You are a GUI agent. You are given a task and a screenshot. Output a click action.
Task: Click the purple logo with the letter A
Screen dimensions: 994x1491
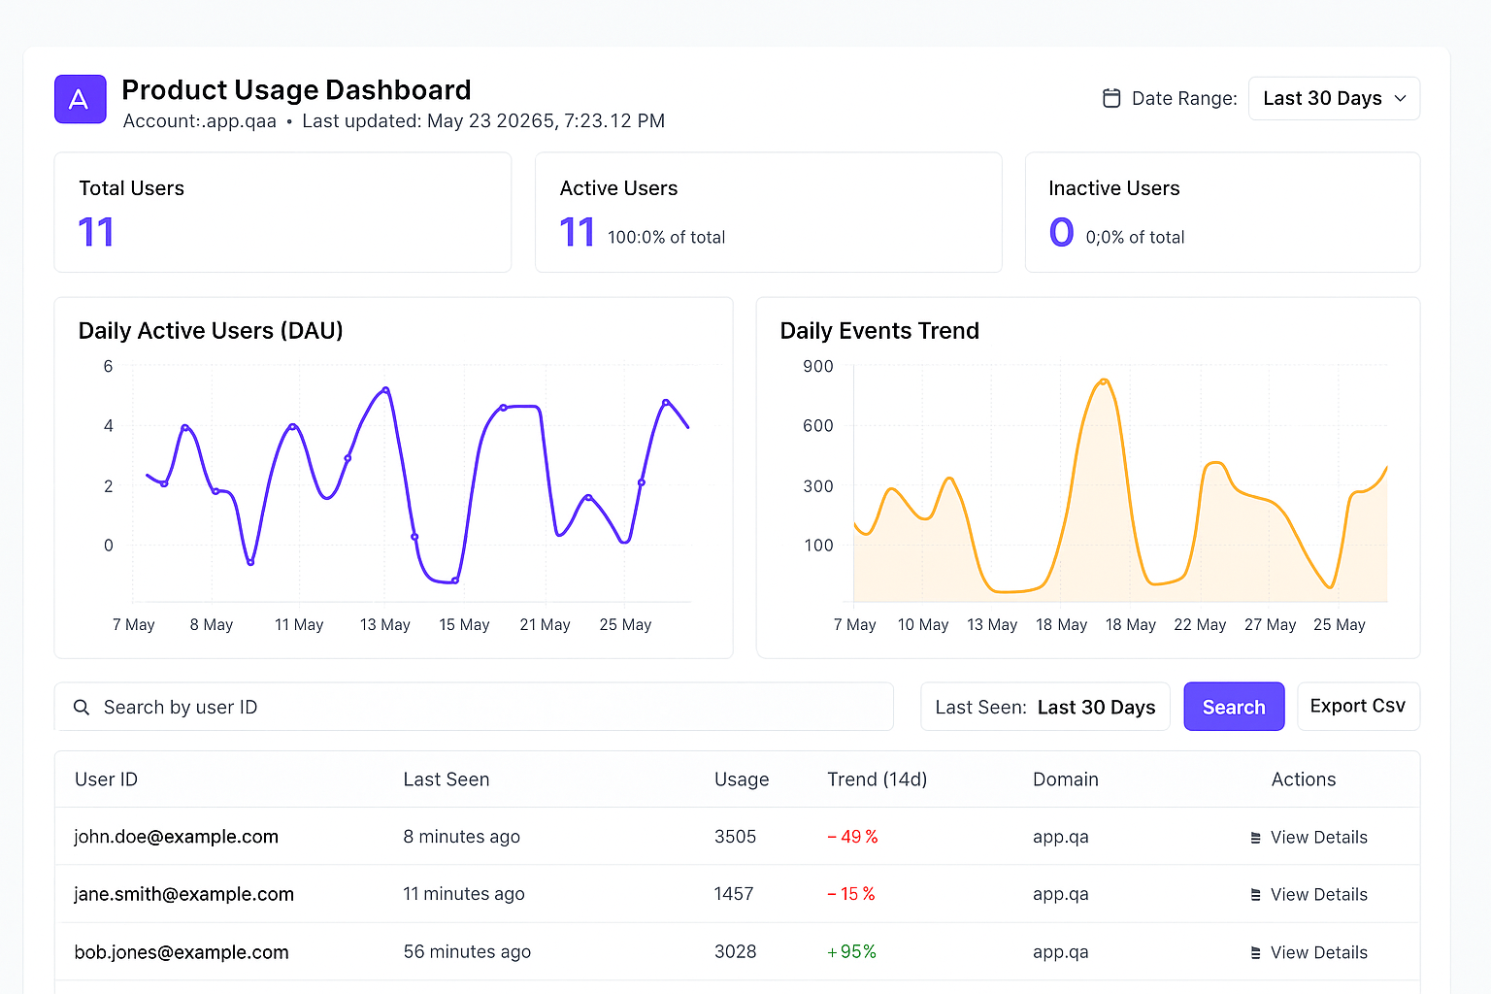pos(80,99)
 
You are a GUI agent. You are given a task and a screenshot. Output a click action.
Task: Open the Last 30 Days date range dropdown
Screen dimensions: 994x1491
pos(1334,99)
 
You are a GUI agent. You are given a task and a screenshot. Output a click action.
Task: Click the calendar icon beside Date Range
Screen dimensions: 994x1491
pos(1111,98)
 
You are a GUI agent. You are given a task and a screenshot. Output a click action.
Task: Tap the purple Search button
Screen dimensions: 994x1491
pos(1234,707)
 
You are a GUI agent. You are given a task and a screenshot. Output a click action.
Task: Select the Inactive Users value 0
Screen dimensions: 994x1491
pos(1061,233)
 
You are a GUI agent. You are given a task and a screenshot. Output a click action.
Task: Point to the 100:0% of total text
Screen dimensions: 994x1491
pos(666,237)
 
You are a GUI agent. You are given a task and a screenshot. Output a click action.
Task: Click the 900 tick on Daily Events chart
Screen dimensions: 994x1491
pos(818,366)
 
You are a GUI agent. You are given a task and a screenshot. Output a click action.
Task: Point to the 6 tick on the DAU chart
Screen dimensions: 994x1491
pos(108,366)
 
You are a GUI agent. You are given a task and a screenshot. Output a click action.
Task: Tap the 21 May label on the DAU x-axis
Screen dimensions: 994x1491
pos(545,624)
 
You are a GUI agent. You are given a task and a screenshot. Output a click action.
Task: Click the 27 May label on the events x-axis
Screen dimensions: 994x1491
pos(1270,624)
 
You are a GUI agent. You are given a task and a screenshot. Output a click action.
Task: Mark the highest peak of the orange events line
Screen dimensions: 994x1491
pos(1104,381)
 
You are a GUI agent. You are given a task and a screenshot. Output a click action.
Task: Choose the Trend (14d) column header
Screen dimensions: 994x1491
pos(877,779)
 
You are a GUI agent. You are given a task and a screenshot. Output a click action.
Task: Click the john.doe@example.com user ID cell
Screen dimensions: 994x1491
pos(177,837)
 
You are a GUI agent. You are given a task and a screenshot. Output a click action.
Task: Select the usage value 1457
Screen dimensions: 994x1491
pos(734,894)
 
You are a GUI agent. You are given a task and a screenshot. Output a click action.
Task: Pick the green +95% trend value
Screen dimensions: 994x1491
pos(851,951)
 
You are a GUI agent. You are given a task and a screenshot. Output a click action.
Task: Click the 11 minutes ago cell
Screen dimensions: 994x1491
pos(464,894)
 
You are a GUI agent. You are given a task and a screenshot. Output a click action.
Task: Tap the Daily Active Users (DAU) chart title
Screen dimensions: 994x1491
pos(211,331)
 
